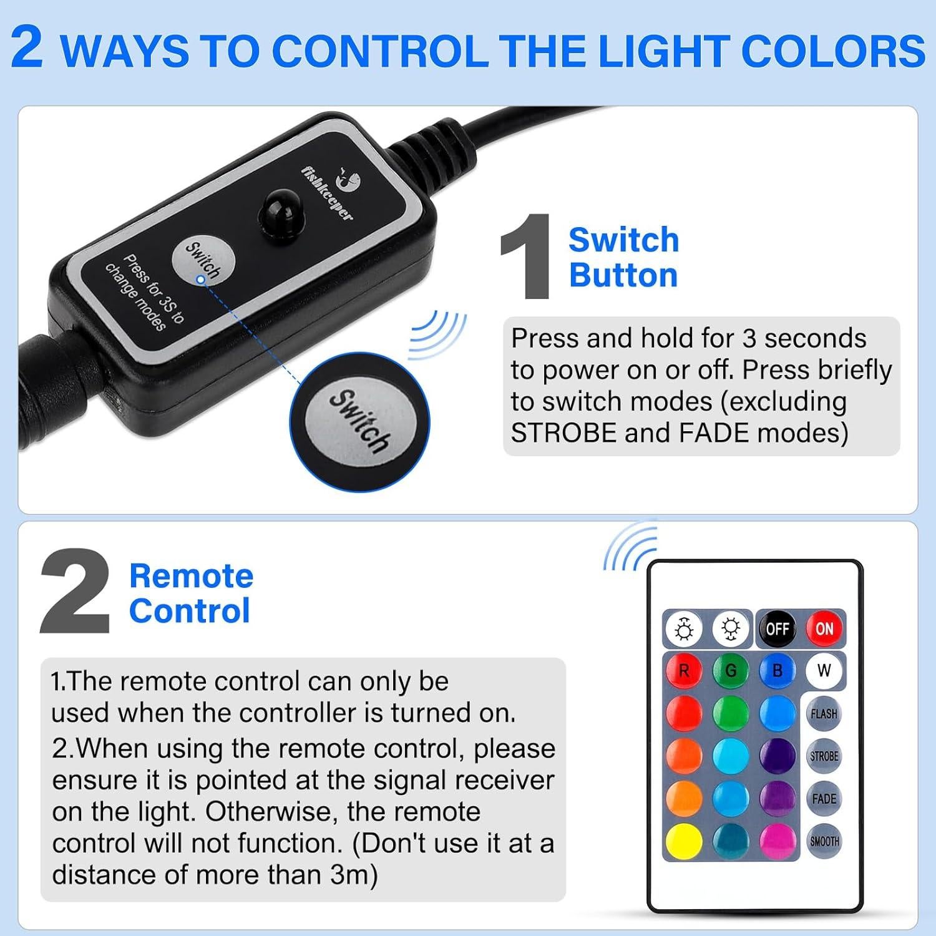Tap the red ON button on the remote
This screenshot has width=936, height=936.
824,629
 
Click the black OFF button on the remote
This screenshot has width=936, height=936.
778,629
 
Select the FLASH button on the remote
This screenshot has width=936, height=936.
824,714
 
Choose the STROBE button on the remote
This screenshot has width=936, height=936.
824,756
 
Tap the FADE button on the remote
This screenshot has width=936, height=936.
824,799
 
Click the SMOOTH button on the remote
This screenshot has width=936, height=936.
824,841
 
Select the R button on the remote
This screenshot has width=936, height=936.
684,671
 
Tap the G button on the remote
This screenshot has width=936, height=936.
731,671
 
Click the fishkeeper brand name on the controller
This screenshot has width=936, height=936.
327,193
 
